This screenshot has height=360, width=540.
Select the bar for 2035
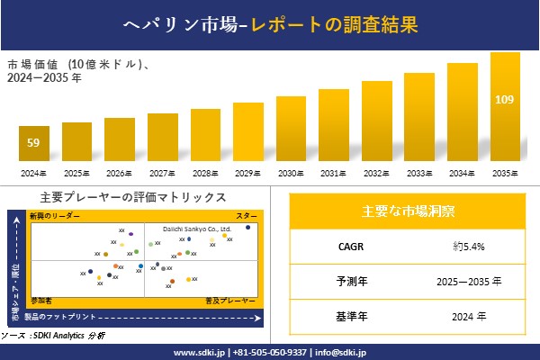505,107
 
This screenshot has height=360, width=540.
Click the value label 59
34,142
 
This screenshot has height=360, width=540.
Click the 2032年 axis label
377,173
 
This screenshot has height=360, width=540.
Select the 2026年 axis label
120,173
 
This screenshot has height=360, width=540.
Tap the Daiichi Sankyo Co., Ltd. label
197,229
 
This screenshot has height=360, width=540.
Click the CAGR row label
346,246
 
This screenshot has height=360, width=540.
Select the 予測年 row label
346,281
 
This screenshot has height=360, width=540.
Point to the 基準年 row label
346,316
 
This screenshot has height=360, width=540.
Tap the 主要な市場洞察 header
408,211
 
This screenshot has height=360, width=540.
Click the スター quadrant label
246,217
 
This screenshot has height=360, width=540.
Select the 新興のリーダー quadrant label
55,217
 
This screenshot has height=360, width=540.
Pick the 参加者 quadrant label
41,300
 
